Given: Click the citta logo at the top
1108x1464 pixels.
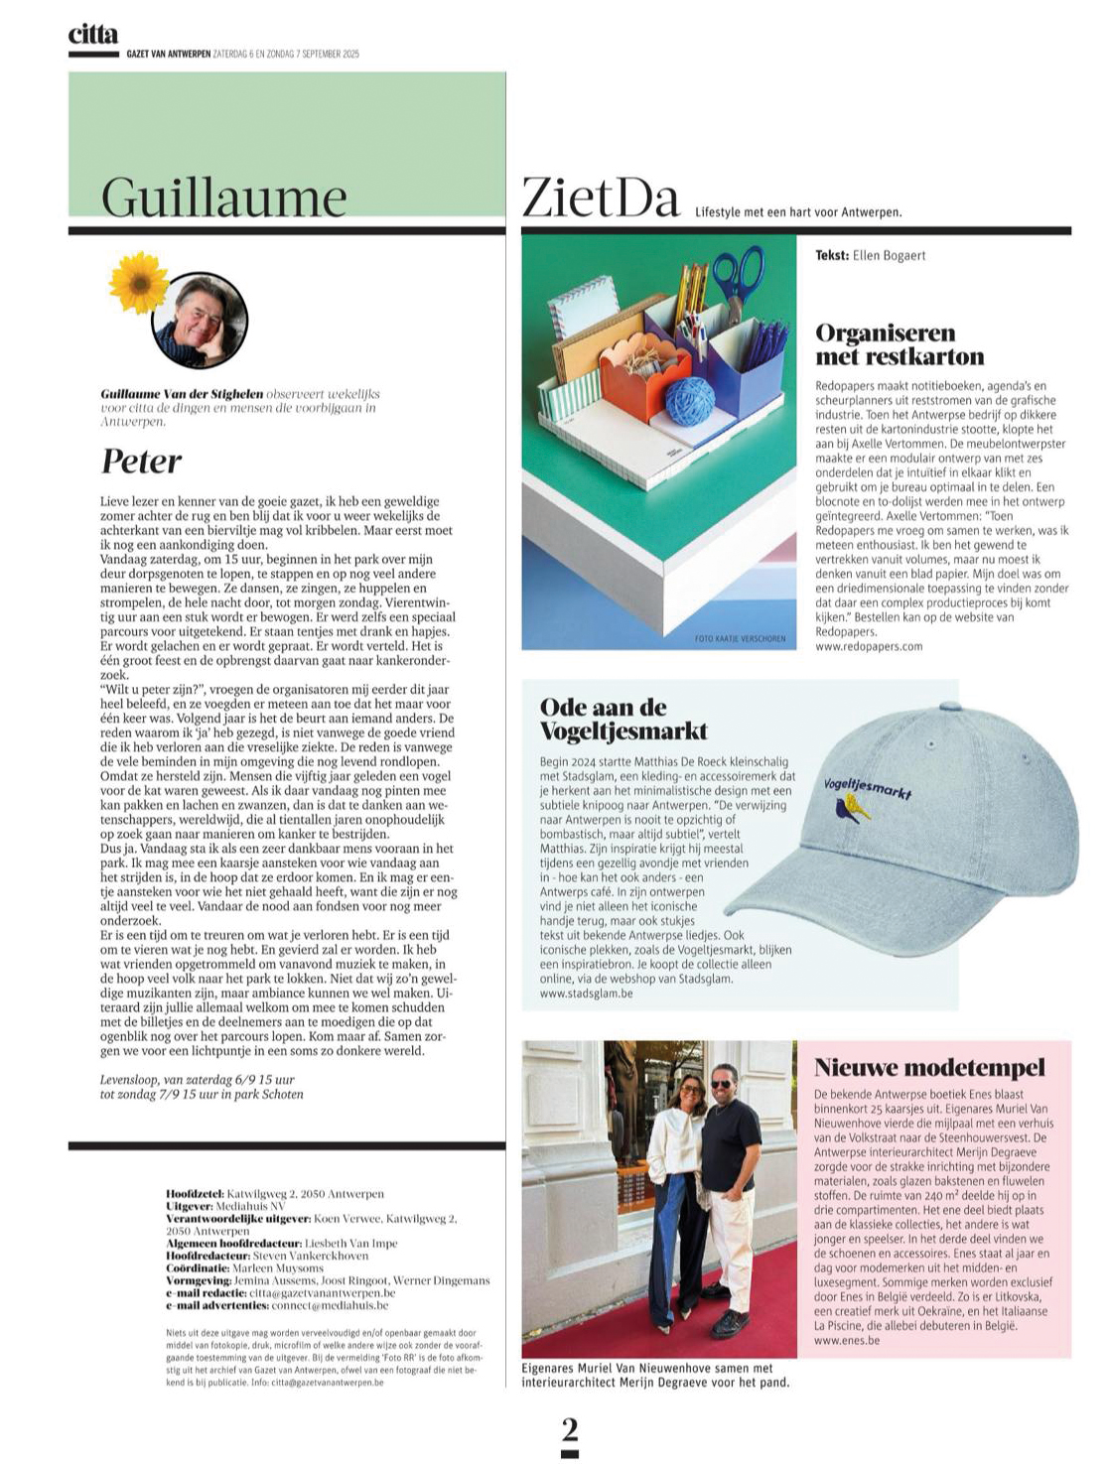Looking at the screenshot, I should point(92,35).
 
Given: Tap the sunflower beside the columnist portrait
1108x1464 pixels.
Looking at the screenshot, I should point(138,283).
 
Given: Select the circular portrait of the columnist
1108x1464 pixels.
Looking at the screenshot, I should point(200,321).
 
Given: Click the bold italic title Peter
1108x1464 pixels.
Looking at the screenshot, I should point(141,462).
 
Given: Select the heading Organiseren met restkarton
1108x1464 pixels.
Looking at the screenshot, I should point(900,344).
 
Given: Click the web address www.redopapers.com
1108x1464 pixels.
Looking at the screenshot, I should point(869,646).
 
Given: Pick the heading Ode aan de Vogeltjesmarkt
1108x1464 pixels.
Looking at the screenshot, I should point(623,720).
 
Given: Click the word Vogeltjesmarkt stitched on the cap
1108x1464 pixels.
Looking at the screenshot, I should point(867,786).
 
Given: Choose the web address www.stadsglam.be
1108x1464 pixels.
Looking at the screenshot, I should point(586,993).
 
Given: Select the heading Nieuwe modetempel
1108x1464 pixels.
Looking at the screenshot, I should point(929,1068).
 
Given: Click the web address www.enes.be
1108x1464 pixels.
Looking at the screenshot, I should point(847,1340).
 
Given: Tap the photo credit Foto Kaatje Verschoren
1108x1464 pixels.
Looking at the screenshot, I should point(740,638).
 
